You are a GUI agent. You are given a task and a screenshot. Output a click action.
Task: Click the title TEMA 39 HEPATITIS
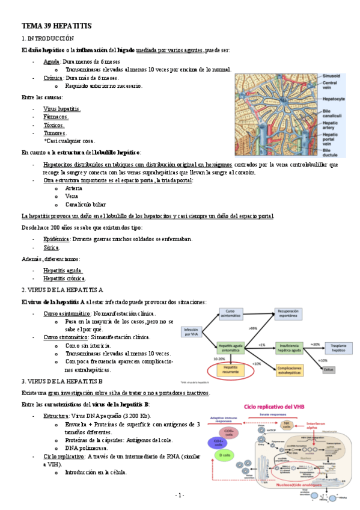56,26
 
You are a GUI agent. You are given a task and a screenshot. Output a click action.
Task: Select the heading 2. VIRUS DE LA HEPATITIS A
63,289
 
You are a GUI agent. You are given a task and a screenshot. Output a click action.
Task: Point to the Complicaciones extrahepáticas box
293,368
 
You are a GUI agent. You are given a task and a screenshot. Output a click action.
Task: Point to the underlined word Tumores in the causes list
55,133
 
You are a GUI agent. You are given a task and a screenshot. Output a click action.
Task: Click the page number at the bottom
179,496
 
